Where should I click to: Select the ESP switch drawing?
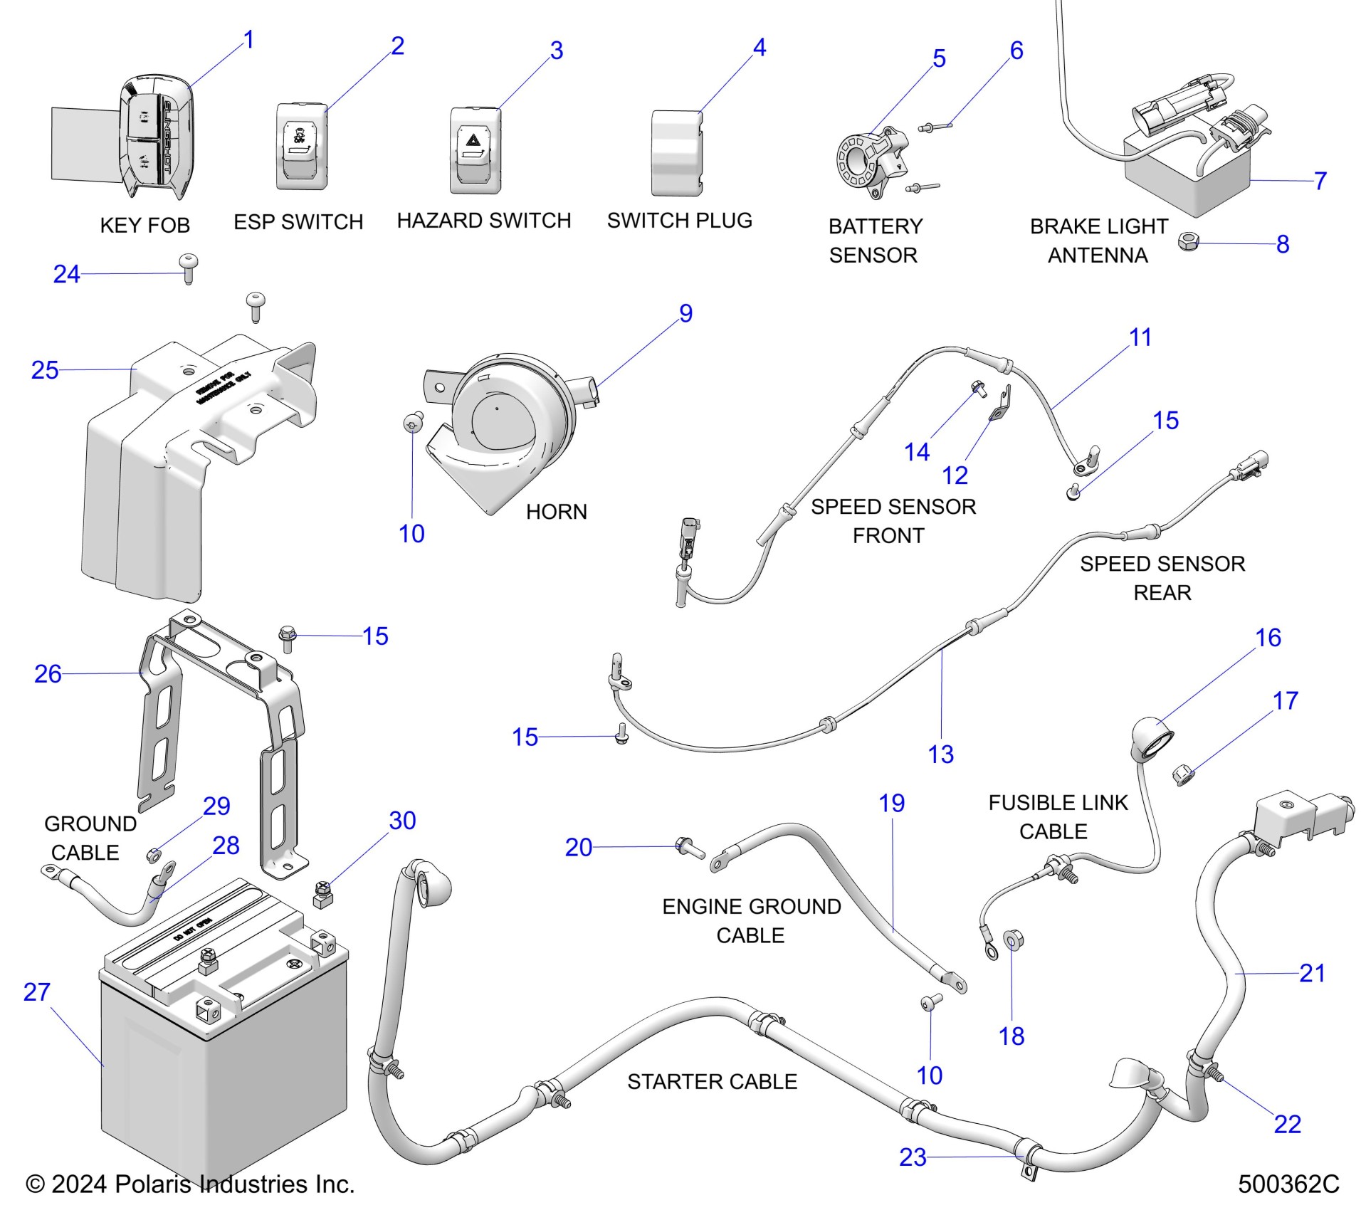[x=302, y=147]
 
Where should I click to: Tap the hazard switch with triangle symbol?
[x=475, y=150]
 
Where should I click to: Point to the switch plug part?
[x=677, y=153]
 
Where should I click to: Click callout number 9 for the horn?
[x=685, y=314]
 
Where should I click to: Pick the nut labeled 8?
[x=1188, y=243]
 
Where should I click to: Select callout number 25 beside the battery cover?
[x=45, y=371]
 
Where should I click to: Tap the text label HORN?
[x=556, y=512]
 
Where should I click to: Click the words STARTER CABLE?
[x=712, y=1082]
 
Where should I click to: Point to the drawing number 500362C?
[x=1288, y=1184]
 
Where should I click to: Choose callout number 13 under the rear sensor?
[x=940, y=754]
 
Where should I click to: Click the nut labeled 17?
[x=1182, y=774]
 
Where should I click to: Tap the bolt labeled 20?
[x=689, y=847]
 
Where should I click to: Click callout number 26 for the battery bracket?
[x=48, y=674]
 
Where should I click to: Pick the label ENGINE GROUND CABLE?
[x=751, y=921]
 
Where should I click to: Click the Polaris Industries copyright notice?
[x=190, y=1184]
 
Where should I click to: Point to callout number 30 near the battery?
[x=402, y=821]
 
